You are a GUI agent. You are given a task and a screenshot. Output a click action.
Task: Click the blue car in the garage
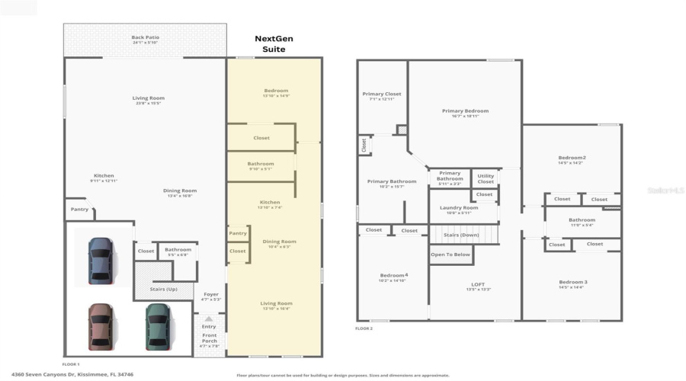click(x=99, y=261)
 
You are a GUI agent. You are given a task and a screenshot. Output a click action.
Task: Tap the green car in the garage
click(x=157, y=326)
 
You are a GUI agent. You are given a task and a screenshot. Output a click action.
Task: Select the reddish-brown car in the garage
click(x=99, y=326)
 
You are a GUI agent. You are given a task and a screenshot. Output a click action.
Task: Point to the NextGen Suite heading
click(x=274, y=43)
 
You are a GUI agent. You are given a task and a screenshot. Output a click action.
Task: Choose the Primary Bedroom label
click(x=465, y=111)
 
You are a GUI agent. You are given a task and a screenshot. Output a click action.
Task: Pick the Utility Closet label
click(x=486, y=178)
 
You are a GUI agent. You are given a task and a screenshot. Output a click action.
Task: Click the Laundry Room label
click(x=459, y=208)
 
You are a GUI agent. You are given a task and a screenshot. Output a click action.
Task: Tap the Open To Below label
click(x=450, y=255)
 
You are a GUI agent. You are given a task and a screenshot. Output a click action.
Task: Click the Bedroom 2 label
click(x=572, y=158)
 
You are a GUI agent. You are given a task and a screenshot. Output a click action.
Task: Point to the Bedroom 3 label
click(x=572, y=283)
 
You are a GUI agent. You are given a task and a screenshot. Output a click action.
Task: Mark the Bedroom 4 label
click(x=394, y=275)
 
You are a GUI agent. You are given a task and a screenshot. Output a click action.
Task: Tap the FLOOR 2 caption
click(x=364, y=328)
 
